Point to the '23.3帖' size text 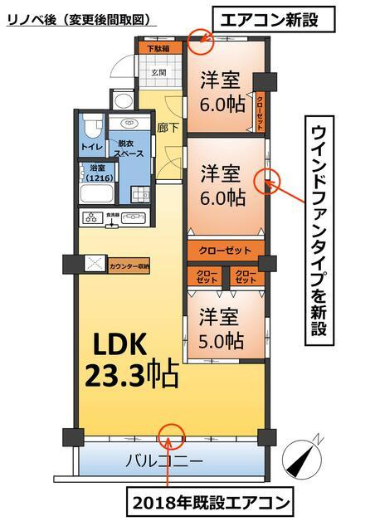click(x=131, y=377)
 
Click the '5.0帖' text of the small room click(x=221, y=340)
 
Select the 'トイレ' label click(x=91, y=147)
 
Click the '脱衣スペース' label click(x=130, y=149)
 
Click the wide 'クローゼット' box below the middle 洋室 click(x=225, y=250)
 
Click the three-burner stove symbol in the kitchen click(x=93, y=218)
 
